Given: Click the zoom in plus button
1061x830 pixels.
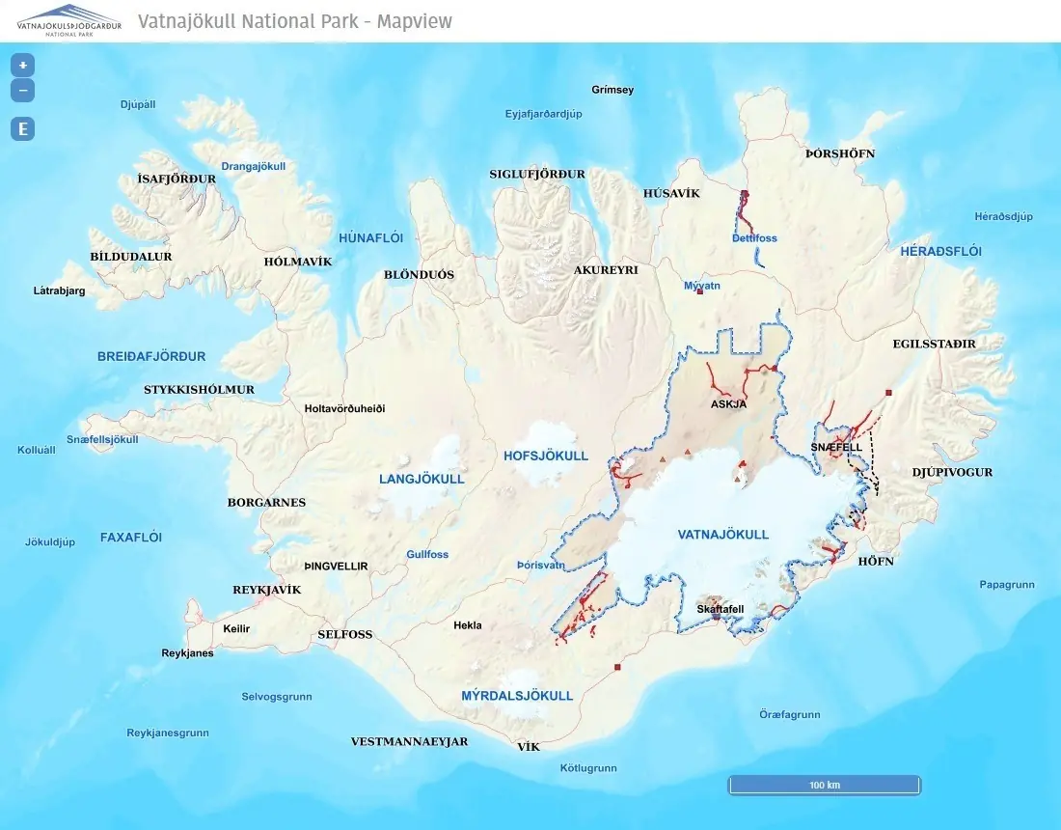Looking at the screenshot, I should click(22, 66).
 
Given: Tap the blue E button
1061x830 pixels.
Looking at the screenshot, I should click(22, 129).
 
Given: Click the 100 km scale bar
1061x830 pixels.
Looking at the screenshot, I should click(824, 785).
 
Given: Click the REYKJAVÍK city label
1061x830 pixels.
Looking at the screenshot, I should click(267, 590).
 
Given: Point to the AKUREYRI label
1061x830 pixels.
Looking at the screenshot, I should click(606, 270).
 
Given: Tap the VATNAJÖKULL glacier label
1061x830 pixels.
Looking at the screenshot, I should click(723, 534).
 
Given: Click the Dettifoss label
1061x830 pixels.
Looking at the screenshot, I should click(754, 238).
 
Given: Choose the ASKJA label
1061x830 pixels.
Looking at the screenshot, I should click(728, 404).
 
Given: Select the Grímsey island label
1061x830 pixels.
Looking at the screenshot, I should click(612, 90).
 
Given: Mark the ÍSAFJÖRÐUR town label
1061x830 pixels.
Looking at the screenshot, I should click(177, 179).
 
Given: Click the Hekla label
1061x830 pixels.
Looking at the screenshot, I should click(467, 625).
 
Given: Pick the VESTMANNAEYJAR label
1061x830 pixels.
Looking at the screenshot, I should click(409, 741).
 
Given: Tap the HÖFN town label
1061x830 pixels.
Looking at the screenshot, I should click(876, 561).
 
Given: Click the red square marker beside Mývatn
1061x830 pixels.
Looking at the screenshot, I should click(700, 290).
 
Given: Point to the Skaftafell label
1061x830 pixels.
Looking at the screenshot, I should click(720, 609).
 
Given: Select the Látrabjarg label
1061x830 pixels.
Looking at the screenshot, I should click(59, 290).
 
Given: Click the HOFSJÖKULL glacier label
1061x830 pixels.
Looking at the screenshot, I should click(546, 456).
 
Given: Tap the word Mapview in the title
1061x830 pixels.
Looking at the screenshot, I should click(414, 21).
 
